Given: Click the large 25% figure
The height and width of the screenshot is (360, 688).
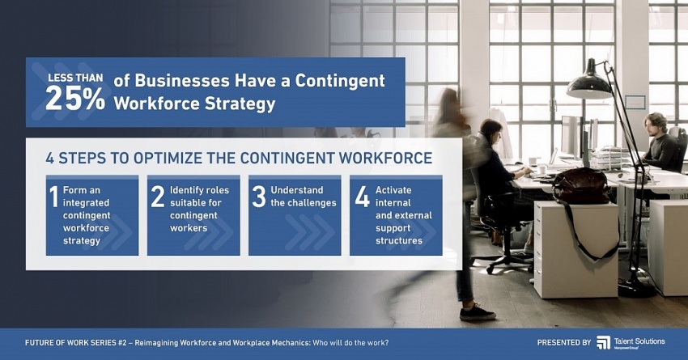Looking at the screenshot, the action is [x=75, y=98].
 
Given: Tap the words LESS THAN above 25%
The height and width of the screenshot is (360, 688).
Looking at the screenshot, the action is [x=75, y=78].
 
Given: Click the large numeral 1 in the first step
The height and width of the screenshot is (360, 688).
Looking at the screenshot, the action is [x=53, y=196].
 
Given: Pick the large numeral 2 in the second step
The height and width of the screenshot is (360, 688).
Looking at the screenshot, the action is [x=158, y=196].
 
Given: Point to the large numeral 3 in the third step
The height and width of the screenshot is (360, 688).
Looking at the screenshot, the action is [x=259, y=196].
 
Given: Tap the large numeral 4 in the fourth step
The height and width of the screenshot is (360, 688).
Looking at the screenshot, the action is [x=363, y=196].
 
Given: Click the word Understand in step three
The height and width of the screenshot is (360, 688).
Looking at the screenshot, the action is [x=297, y=190].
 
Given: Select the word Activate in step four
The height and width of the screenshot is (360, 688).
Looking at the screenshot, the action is [x=393, y=190].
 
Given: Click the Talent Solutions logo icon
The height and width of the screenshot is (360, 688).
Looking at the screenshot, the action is [x=603, y=342].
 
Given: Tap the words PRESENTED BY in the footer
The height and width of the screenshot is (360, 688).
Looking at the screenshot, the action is [x=564, y=342].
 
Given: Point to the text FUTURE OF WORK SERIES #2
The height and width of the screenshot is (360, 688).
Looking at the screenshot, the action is [x=76, y=342].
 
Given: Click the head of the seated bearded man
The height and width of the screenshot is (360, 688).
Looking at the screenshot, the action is [x=656, y=125].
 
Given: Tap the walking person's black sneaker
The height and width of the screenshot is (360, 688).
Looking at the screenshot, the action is [x=477, y=314].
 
